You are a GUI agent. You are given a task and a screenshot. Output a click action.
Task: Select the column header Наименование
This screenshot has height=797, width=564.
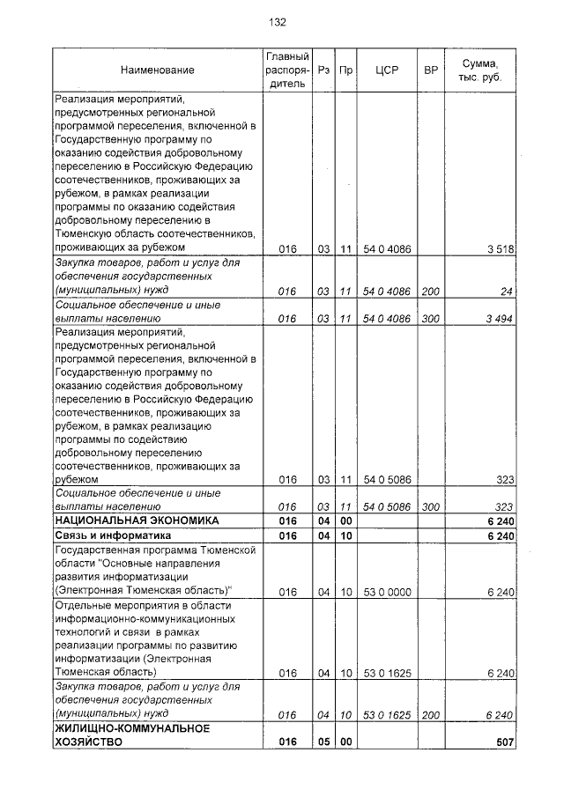pos(158,70)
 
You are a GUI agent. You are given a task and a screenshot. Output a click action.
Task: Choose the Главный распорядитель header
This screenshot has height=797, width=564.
pos(286,70)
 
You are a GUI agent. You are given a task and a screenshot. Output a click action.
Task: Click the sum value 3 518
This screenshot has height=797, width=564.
pos(499,249)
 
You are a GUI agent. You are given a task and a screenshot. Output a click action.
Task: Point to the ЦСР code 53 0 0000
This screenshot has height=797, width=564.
pos(387,592)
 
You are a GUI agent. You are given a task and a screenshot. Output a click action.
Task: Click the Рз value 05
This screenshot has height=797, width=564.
pos(323,742)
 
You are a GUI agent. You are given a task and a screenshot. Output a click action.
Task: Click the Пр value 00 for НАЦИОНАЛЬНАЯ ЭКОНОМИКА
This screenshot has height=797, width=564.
pos(346,521)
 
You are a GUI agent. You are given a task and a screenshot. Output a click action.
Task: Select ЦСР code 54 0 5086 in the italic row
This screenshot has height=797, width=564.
pos(387,507)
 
